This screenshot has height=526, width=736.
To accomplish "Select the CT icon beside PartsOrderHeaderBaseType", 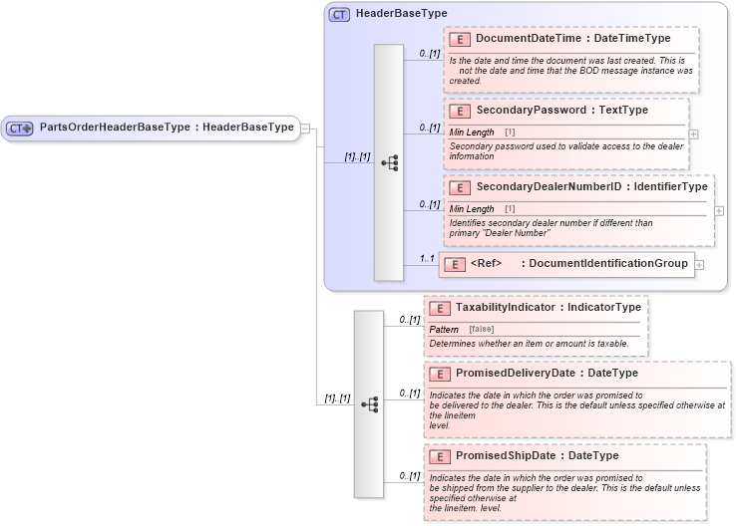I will (x=20, y=129).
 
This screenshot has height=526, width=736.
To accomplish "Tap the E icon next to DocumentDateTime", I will (x=460, y=39).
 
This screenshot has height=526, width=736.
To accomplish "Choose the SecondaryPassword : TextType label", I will (x=561, y=110).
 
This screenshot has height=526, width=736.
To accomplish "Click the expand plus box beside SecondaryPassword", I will (x=693, y=133).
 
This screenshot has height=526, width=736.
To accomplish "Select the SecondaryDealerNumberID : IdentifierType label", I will (x=591, y=186).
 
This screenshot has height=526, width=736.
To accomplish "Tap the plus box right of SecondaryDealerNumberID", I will (x=719, y=211).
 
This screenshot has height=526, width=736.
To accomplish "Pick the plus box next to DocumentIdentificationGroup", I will (x=699, y=264).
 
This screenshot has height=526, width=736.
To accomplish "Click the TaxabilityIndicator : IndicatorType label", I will (x=548, y=308).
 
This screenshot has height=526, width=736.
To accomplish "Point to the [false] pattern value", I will (x=482, y=329).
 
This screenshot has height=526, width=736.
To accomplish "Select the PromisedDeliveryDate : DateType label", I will (x=547, y=373).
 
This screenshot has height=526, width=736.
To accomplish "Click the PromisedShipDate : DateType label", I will (x=537, y=455).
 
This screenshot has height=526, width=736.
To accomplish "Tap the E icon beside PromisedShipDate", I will (x=439, y=456).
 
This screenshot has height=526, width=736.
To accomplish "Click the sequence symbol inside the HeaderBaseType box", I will (x=389, y=161).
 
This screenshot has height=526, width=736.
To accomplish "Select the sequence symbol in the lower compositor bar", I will (x=369, y=403).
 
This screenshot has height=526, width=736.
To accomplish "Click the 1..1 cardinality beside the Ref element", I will (x=427, y=259).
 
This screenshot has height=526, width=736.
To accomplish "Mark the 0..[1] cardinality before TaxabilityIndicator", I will (x=409, y=320).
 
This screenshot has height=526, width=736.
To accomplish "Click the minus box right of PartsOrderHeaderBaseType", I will (x=305, y=128).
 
